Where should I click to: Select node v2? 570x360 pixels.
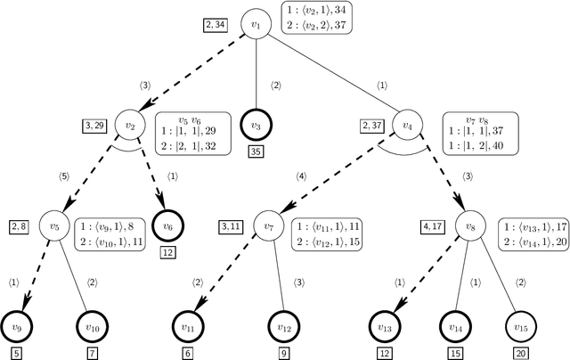point(131,126)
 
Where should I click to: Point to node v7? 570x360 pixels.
point(268,226)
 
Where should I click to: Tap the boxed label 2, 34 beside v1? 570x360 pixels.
point(216,25)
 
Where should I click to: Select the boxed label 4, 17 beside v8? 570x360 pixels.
point(432,226)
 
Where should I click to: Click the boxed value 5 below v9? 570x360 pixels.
point(15,353)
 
